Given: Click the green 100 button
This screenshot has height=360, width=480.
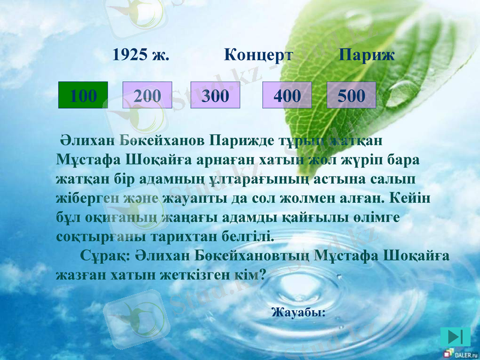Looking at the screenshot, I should click(83, 95).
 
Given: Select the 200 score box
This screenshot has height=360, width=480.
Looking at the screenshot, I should click(148, 95).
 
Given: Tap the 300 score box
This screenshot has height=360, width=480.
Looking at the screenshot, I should click(215, 95).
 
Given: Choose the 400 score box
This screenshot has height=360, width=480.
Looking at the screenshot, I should click(287, 95).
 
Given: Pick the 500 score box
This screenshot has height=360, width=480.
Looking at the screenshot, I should click(351, 95).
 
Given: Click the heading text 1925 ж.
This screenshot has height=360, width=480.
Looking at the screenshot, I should click(141, 56).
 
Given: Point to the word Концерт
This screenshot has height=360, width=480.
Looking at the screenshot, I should click(259, 56).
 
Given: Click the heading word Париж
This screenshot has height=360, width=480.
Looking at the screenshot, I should click(367, 56).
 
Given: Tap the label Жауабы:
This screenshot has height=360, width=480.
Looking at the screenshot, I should click(298, 312).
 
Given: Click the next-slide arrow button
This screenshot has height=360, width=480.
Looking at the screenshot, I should click(454, 337).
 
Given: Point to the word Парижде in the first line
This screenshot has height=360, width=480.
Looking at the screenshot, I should click(236, 142).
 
